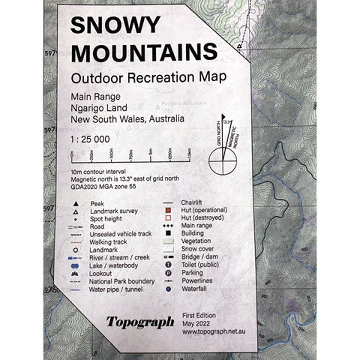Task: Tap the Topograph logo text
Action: (x=140, y=321)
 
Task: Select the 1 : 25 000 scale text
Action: (x=89, y=139)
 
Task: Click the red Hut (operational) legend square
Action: (x=168, y=210)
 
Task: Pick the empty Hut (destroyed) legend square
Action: (x=168, y=218)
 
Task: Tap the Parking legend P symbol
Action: (x=168, y=273)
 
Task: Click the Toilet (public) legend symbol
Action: (x=168, y=265)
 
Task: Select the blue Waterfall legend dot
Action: (x=168, y=289)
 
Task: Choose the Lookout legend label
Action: (x=101, y=274)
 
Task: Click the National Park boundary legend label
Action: (x=122, y=281)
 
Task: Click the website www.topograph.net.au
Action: (x=214, y=331)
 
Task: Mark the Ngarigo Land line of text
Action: (x=99, y=108)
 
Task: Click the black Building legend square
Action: (x=168, y=233)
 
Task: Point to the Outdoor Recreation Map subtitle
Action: (x=149, y=77)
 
